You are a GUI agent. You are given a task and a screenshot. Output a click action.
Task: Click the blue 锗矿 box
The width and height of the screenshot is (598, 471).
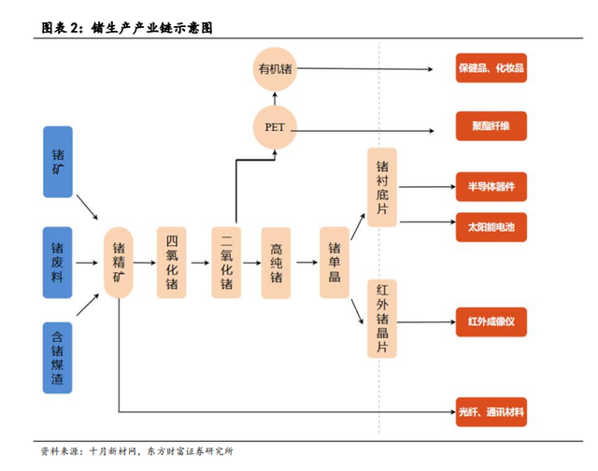(x=58, y=161)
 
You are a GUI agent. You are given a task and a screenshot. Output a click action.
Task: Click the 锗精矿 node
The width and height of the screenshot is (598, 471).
(x=119, y=262)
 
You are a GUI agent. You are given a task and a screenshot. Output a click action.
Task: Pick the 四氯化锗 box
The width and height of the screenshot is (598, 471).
(x=172, y=263)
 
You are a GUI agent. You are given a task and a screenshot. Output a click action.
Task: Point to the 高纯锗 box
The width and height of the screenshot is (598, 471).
(x=278, y=263)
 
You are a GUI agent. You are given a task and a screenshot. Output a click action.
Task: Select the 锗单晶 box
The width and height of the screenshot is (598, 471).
(x=334, y=263)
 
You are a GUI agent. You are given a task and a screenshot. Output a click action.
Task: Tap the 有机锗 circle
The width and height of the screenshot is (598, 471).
(x=275, y=68)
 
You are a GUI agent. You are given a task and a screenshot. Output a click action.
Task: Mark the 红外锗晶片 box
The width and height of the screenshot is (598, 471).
(x=381, y=319)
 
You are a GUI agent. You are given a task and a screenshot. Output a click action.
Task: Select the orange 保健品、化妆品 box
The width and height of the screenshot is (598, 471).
(x=491, y=68)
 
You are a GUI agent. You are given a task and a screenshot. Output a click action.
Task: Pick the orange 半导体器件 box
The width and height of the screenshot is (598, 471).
(x=491, y=186)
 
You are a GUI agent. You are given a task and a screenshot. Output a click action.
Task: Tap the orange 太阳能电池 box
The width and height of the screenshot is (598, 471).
(x=491, y=225)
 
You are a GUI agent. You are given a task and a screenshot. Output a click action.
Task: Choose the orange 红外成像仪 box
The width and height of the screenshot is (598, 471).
(x=491, y=322)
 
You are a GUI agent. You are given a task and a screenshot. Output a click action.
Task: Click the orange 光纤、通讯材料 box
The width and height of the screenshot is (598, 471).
(x=491, y=411)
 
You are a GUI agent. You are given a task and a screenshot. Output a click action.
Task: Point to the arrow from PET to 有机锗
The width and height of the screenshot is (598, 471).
(x=275, y=98)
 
